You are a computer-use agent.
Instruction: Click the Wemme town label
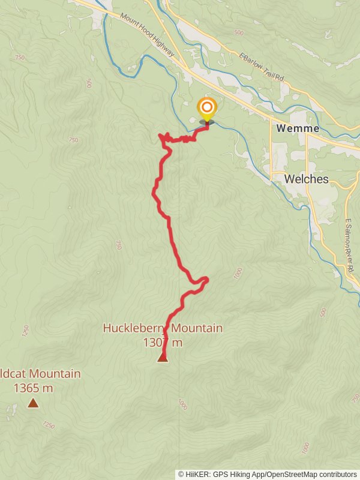[x=293, y=128]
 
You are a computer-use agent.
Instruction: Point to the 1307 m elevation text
[x=162, y=343]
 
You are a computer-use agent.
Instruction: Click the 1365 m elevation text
[x=32, y=388]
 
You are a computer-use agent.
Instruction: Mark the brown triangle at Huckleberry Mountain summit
[x=162, y=358]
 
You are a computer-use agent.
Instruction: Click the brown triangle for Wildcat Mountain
[x=32, y=404]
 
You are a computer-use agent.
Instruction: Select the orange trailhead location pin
[x=207, y=109]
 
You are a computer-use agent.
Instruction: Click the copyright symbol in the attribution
[x=181, y=474]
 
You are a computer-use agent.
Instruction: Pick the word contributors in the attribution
[x=338, y=474]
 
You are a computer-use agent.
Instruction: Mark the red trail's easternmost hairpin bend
[x=207, y=278]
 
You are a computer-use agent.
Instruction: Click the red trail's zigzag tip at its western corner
[x=160, y=136]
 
